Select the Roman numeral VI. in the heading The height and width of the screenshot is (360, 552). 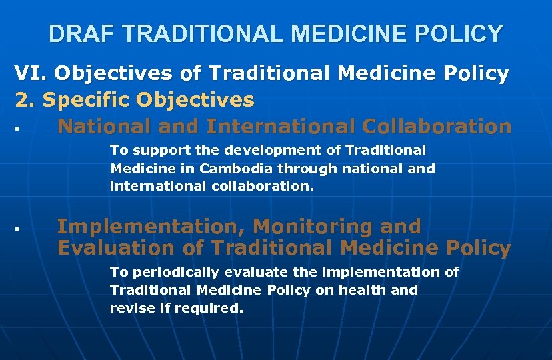click(x=30, y=73)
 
